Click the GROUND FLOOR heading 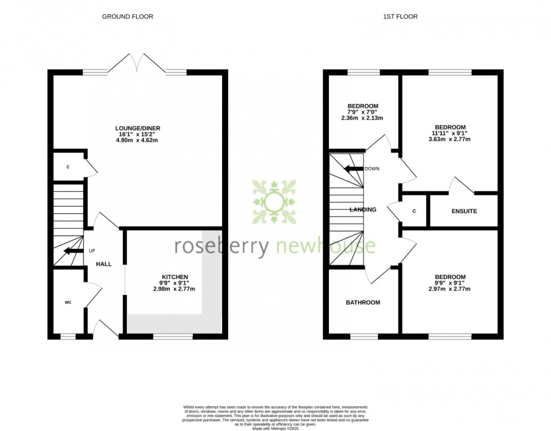pyautogui.click(x=127, y=16)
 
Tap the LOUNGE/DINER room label pyautogui.click(x=138, y=128)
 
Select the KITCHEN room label pyautogui.click(x=174, y=277)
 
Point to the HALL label pyautogui.click(x=103, y=264)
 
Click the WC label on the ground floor pyautogui.click(x=68, y=302)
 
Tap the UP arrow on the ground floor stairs pyautogui.click(x=71, y=251)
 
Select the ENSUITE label pyautogui.click(x=464, y=212)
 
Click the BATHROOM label pyautogui.click(x=363, y=302)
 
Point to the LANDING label pyautogui.click(x=363, y=209)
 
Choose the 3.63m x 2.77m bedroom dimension pyautogui.click(x=450, y=139)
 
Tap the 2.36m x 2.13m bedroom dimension pyautogui.click(x=363, y=118)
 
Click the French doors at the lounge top pyautogui.click(x=138, y=63)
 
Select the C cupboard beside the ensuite pyautogui.click(x=414, y=212)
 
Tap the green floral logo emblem pyautogui.click(x=274, y=201)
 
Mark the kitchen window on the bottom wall pyautogui.click(x=173, y=336)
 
